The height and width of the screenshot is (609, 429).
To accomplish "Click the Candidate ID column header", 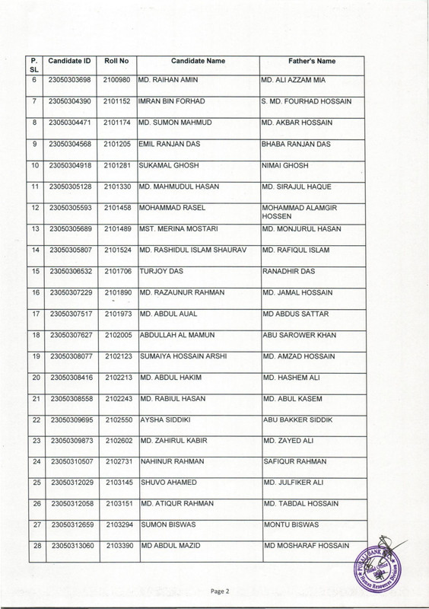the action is tap(71, 59).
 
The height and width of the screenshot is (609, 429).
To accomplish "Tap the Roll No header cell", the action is tap(118, 59).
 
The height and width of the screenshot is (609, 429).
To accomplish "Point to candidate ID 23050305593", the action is tap(71, 208).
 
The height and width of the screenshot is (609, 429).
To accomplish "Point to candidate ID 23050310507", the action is tap(71, 463).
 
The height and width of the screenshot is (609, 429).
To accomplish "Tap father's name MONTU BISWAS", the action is tap(291, 527).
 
